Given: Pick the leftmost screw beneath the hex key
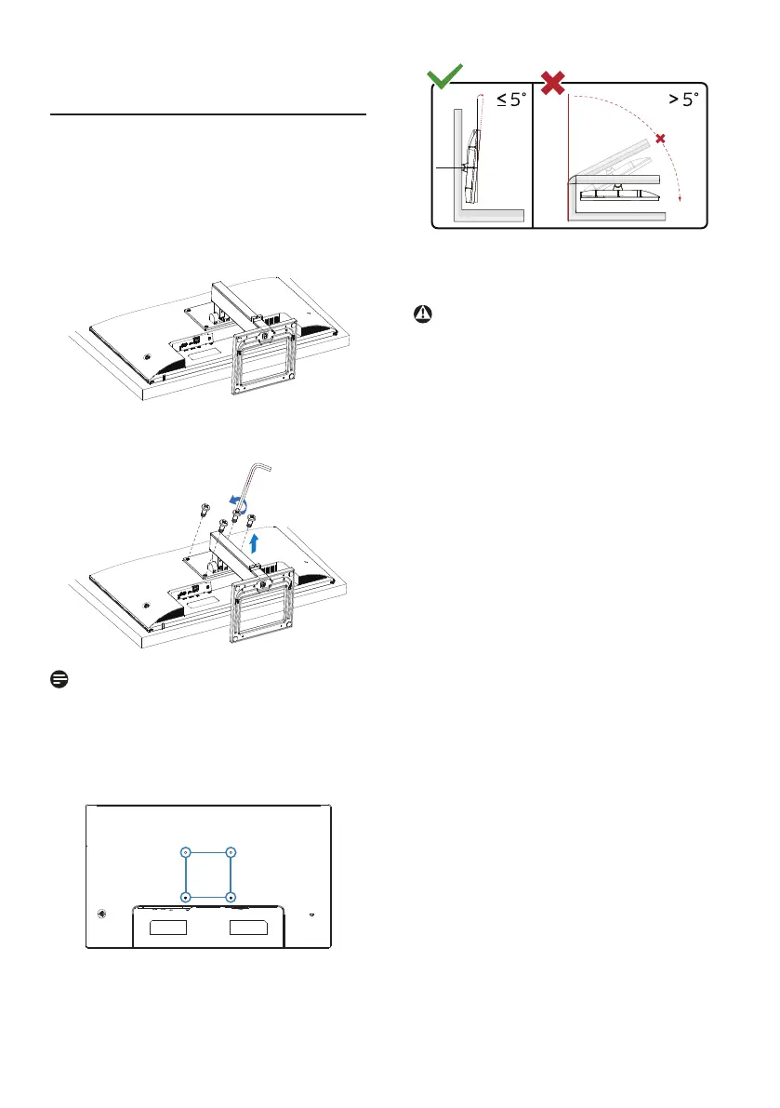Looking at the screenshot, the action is tap(203, 510).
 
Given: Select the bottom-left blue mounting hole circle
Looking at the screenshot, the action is tap(186, 897).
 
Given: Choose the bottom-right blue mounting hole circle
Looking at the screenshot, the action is tap(231, 897).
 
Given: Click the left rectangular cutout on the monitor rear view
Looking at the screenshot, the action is tap(170, 928).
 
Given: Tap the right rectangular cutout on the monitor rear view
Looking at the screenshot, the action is tap(249, 928).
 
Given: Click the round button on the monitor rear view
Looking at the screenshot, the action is tap(100, 913).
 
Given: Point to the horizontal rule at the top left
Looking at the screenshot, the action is tap(208, 116).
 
